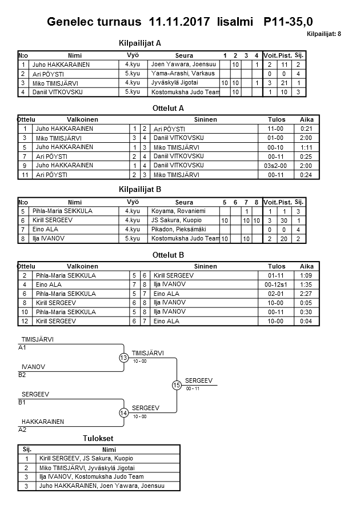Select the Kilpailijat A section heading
click(139, 43)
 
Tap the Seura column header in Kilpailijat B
click(184, 202)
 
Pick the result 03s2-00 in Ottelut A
click(276, 165)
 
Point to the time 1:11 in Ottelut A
click(306, 147)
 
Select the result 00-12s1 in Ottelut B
click(276, 284)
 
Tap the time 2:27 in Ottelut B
click(306, 294)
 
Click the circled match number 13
click(124, 358)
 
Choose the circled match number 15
click(177, 386)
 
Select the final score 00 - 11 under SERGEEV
click(193, 388)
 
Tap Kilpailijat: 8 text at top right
click(323, 34)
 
